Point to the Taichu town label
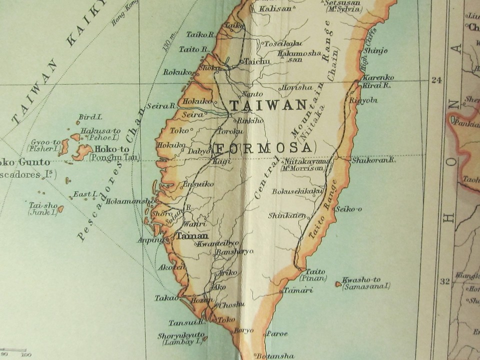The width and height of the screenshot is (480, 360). pyautogui.click(x=257, y=61)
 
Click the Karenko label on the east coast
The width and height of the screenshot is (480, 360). pyautogui.click(x=378, y=77)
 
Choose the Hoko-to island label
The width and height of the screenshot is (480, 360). pyautogui.click(x=112, y=149)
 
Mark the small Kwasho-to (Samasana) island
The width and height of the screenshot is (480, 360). pyautogui.click(x=338, y=284)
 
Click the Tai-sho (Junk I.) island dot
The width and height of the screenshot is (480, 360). pyautogui.click(x=60, y=209)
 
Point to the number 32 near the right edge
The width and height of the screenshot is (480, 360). pyautogui.click(x=444, y=281)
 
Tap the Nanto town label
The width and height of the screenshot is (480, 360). pyautogui.click(x=252, y=93)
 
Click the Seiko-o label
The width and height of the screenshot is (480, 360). pyautogui.click(x=349, y=208)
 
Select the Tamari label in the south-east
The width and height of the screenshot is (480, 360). pyautogui.click(x=298, y=290)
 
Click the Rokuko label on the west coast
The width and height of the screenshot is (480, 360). pyautogui.click(x=177, y=72)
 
